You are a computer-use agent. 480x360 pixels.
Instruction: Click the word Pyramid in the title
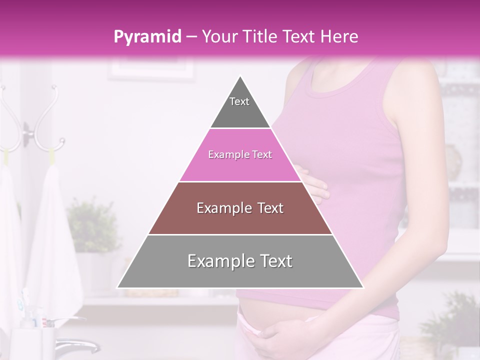coord(147,37)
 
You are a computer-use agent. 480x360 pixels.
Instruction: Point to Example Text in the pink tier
coord(240,155)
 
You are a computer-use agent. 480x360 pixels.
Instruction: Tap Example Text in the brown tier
coord(240,208)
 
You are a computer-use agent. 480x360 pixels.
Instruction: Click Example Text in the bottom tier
coord(240,261)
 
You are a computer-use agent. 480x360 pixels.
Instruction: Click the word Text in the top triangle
coord(239,101)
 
